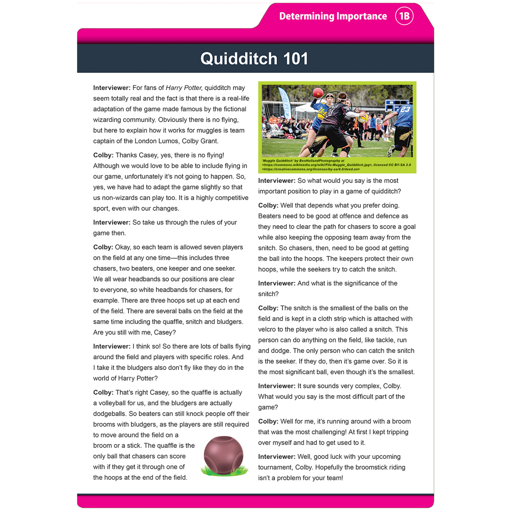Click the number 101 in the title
[x=295, y=59]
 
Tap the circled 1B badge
[x=404, y=16]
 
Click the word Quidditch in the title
[x=239, y=59]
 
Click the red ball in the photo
[x=318, y=92]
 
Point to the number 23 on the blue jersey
[x=405, y=110]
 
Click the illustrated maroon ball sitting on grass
[x=223, y=455]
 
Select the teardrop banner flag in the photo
[x=285, y=103]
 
